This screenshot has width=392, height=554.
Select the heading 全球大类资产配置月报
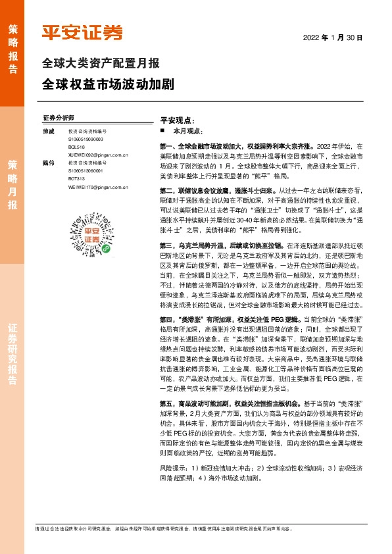pos(101,64)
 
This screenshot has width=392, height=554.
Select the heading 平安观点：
pos(177,121)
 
